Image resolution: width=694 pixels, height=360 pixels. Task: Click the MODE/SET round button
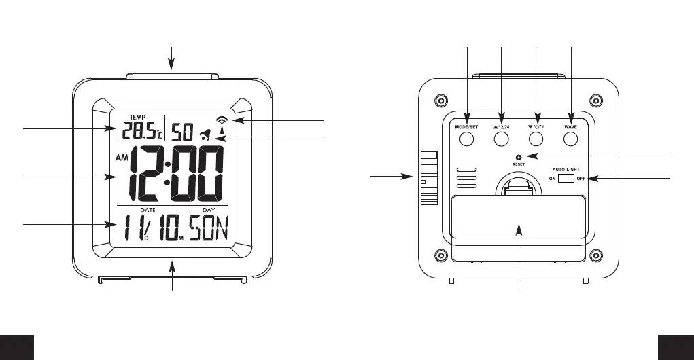point(466,139)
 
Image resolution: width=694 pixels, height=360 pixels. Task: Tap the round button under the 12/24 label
point(501,139)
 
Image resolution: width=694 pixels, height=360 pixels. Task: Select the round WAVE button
point(570,139)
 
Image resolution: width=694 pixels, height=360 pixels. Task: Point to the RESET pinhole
point(519,158)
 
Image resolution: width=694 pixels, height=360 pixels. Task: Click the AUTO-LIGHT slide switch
point(566,178)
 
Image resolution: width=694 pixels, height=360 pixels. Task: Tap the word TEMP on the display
point(128,116)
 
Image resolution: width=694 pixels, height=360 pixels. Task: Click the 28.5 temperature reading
point(133,130)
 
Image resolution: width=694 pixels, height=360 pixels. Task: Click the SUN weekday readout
point(209,233)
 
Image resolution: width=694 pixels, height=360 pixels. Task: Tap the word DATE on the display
point(139,210)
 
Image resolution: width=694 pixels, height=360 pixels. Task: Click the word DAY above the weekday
point(208,210)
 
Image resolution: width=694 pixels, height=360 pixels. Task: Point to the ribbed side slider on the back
point(427,178)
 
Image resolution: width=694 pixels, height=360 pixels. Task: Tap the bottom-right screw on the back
point(595,257)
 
